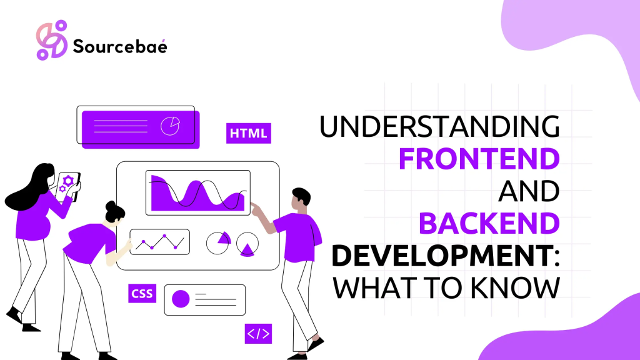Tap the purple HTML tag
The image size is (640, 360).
[x=248, y=132]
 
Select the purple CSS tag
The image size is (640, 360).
[x=142, y=293]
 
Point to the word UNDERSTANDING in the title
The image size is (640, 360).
[x=439, y=127]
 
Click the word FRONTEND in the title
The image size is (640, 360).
[x=479, y=159]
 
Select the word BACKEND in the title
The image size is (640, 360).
[x=489, y=223]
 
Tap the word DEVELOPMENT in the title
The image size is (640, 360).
[x=441, y=255]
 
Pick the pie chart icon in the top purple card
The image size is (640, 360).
[x=169, y=126]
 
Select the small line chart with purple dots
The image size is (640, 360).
[x=159, y=241]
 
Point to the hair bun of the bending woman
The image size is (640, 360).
[x=111, y=206]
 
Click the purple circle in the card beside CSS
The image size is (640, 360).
[x=181, y=299]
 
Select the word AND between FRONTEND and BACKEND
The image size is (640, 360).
[x=528, y=191]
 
